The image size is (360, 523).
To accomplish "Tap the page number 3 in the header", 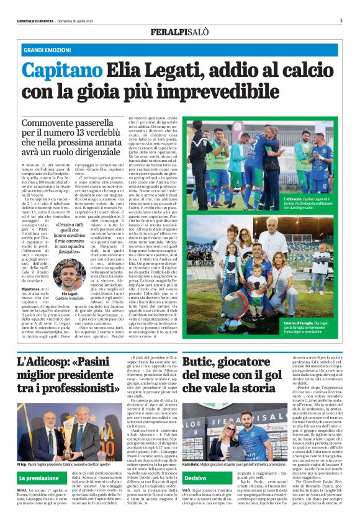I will pos(341,20).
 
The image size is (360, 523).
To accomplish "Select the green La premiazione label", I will pos(38,479).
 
